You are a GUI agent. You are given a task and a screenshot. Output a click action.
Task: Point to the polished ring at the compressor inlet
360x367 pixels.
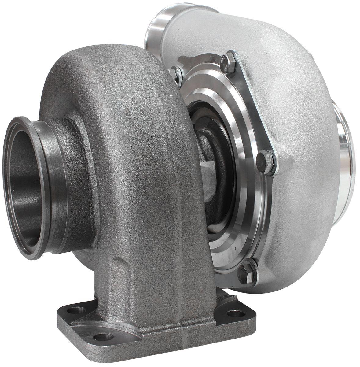click(344, 147)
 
